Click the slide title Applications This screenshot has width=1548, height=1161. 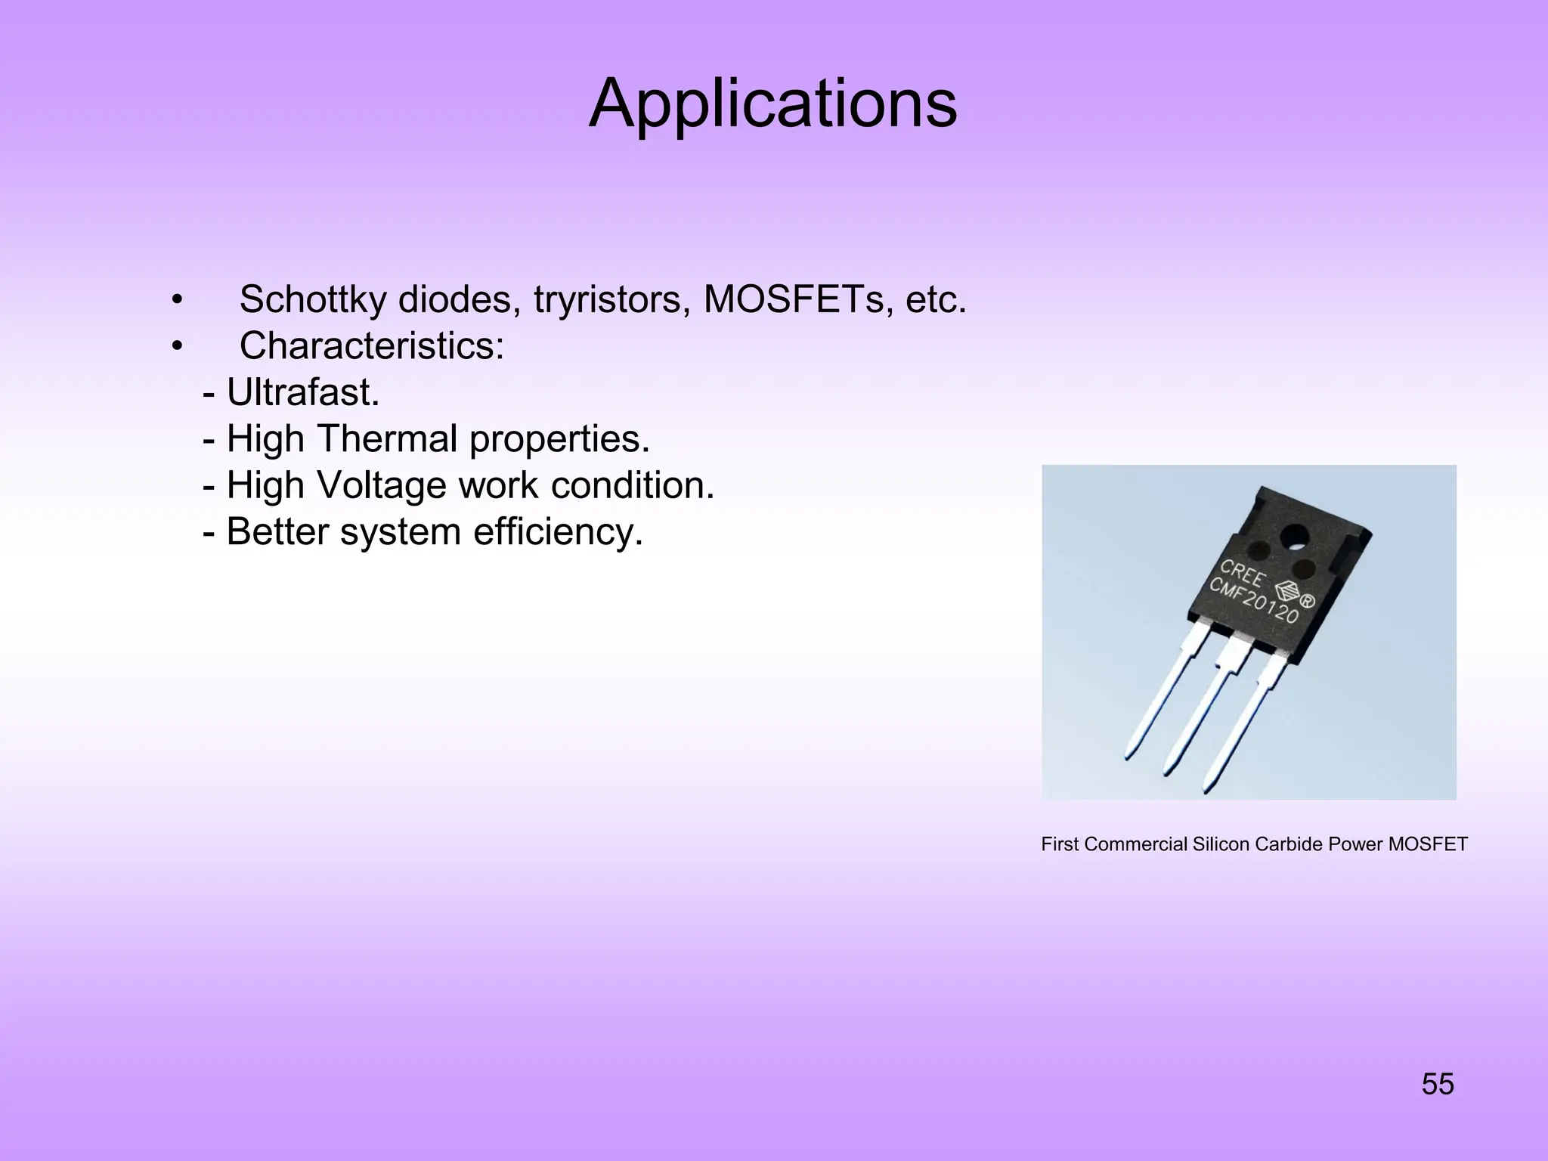(x=772, y=104)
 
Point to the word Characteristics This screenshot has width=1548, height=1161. (x=371, y=346)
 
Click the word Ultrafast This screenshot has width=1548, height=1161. (x=302, y=392)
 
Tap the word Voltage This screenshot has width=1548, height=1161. (x=382, y=485)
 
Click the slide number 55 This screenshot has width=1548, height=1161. (x=1437, y=1084)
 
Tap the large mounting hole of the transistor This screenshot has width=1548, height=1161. (x=1294, y=537)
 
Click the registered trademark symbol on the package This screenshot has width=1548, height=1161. (x=1308, y=602)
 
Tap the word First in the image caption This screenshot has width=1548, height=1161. (x=1060, y=844)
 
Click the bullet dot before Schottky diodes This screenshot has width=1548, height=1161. (x=177, y=300)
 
